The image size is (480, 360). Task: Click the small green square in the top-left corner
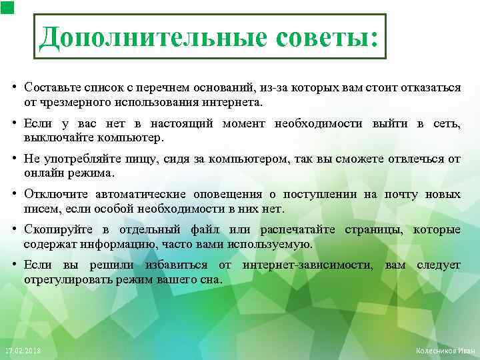(6, 7)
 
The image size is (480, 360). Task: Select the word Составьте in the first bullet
(49, 88)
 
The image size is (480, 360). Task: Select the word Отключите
(53, 195)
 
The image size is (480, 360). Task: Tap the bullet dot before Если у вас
(14, 123)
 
